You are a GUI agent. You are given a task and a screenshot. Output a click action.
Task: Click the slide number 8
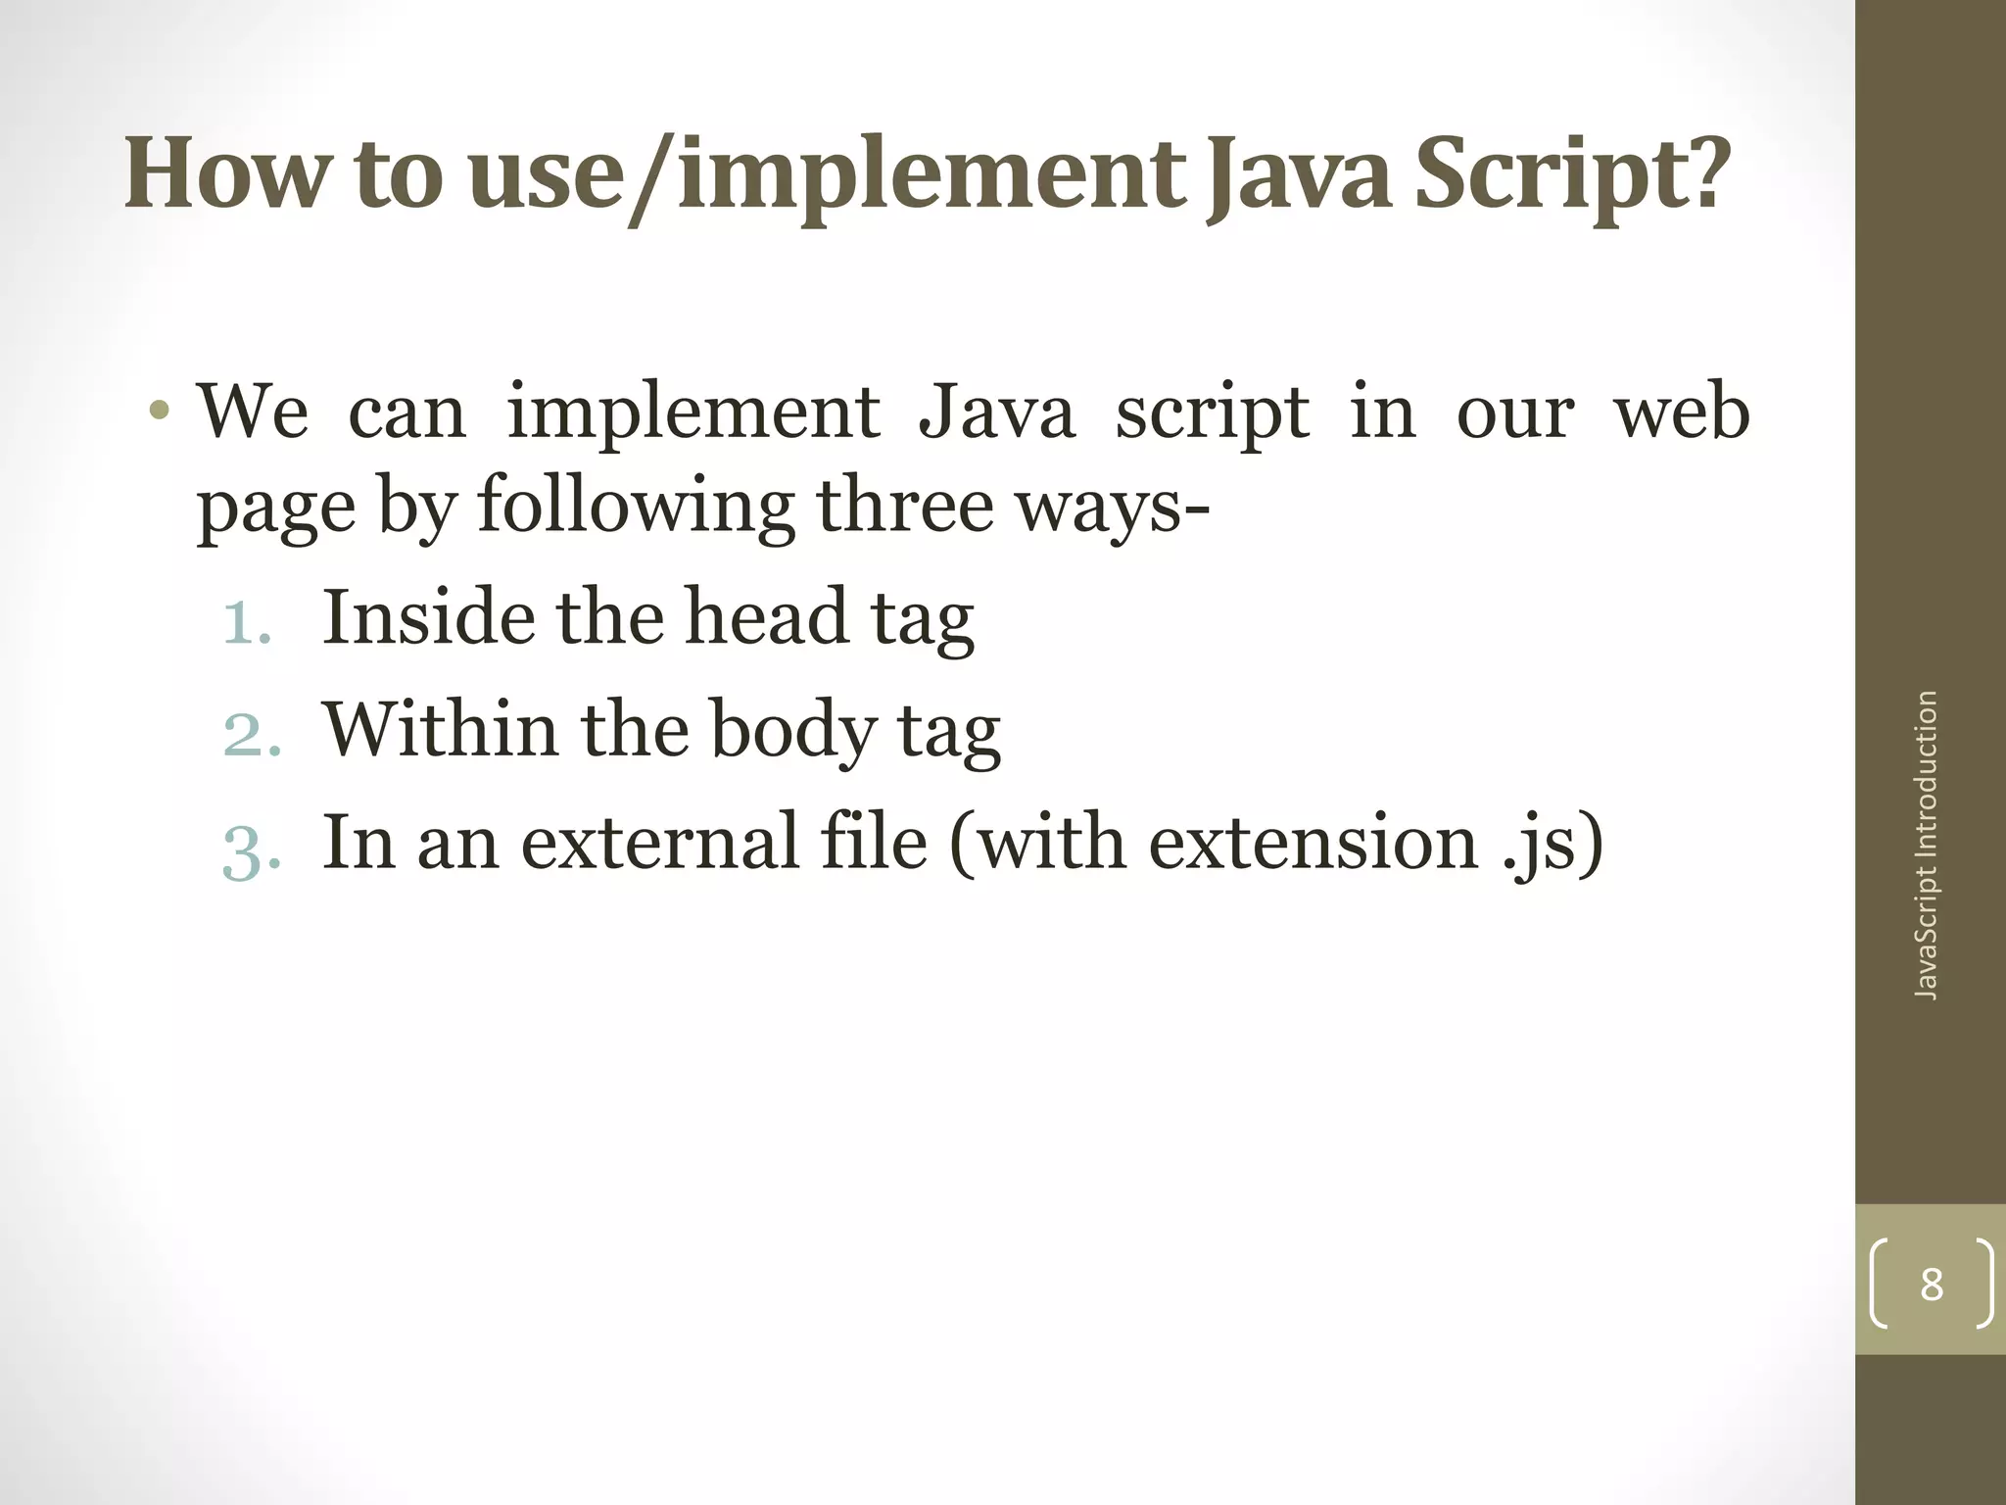(x=1931, y=1284)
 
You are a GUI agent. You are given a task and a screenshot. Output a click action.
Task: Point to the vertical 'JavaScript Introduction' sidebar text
(x=1926, y=845)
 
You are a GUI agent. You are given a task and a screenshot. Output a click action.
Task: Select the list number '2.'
(x=252, y=732)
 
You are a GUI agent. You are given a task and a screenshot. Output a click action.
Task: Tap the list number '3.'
(x=252, y=845)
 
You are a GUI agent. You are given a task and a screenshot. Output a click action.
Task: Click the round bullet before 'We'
(x=161, y=412)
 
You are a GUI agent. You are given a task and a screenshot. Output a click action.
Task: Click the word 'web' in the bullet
(x=1681, y=412)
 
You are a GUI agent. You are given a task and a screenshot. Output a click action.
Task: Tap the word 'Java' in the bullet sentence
(x=996, y=412)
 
